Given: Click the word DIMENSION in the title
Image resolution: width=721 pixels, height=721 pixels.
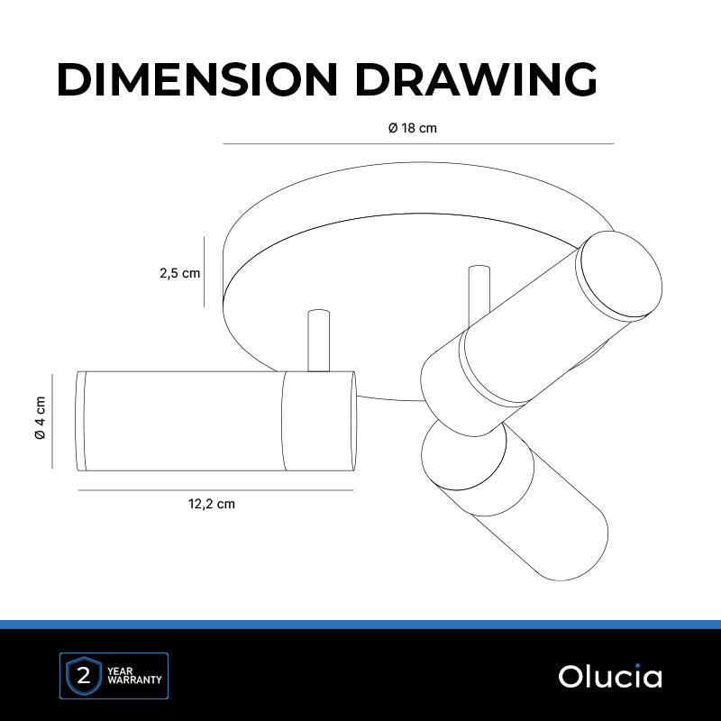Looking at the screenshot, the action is click(197, 79).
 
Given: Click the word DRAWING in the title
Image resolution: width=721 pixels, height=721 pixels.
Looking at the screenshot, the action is click(477, 79).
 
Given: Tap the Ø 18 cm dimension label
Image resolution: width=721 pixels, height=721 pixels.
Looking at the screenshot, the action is click(413, 128).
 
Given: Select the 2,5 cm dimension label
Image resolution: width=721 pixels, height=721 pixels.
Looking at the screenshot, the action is click(179, 273).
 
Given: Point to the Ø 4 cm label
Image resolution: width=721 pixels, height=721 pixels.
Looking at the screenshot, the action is click(41, 417).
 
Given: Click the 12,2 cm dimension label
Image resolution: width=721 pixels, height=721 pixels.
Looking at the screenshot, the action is click(212, 504).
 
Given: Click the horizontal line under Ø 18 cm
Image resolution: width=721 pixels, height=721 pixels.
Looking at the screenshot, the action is click(418, 144).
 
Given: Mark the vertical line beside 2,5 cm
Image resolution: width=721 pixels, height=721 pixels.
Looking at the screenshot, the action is click(205, 272).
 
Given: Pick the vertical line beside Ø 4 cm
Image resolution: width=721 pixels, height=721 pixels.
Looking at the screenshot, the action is click(52, 421).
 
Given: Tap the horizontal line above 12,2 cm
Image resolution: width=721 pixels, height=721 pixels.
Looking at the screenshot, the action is click(216, 490).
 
